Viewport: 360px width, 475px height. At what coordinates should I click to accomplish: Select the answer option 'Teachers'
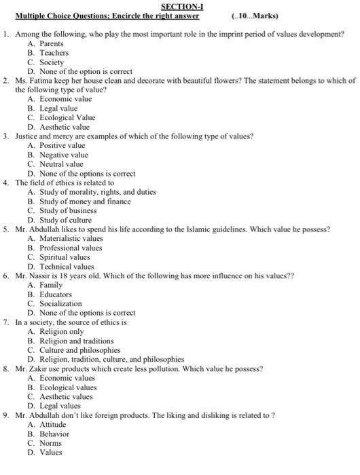pyautogui.click(x=54, y=52)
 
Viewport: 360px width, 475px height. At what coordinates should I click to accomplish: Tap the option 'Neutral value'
pyautogui.click(x=61, y=164)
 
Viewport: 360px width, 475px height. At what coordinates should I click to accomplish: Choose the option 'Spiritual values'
pyautogui.click(x=65, y=257)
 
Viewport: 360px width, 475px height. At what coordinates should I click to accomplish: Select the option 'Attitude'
pyautogui.click(x=53, y=425)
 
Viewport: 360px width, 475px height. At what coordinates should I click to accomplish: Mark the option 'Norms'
pyautogui.click(x=50, y=443)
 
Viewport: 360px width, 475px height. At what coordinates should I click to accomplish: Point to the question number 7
pyautogui.click(x=6, y=322)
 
